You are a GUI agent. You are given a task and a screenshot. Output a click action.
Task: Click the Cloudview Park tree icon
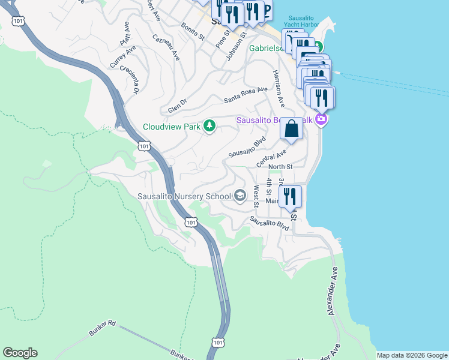point(209,127)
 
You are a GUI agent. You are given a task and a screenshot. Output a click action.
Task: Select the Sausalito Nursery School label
point(184,196)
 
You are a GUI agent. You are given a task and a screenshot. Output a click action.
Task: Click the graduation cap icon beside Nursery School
point(240,196)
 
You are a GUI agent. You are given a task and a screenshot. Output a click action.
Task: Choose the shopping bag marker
point(291,128)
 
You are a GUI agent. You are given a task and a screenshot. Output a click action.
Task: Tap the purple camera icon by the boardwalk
point(322,120)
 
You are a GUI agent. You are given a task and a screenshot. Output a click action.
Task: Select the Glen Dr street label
point(178,106)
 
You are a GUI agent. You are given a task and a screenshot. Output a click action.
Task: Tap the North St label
point(280,167)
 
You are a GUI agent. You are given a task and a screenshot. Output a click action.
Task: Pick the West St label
point(256,196)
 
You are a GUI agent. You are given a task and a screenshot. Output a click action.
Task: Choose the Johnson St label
point(237,47)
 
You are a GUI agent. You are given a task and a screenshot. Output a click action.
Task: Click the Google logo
point(20,353)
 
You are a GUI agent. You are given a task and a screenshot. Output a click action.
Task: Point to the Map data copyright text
point(412,355)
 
